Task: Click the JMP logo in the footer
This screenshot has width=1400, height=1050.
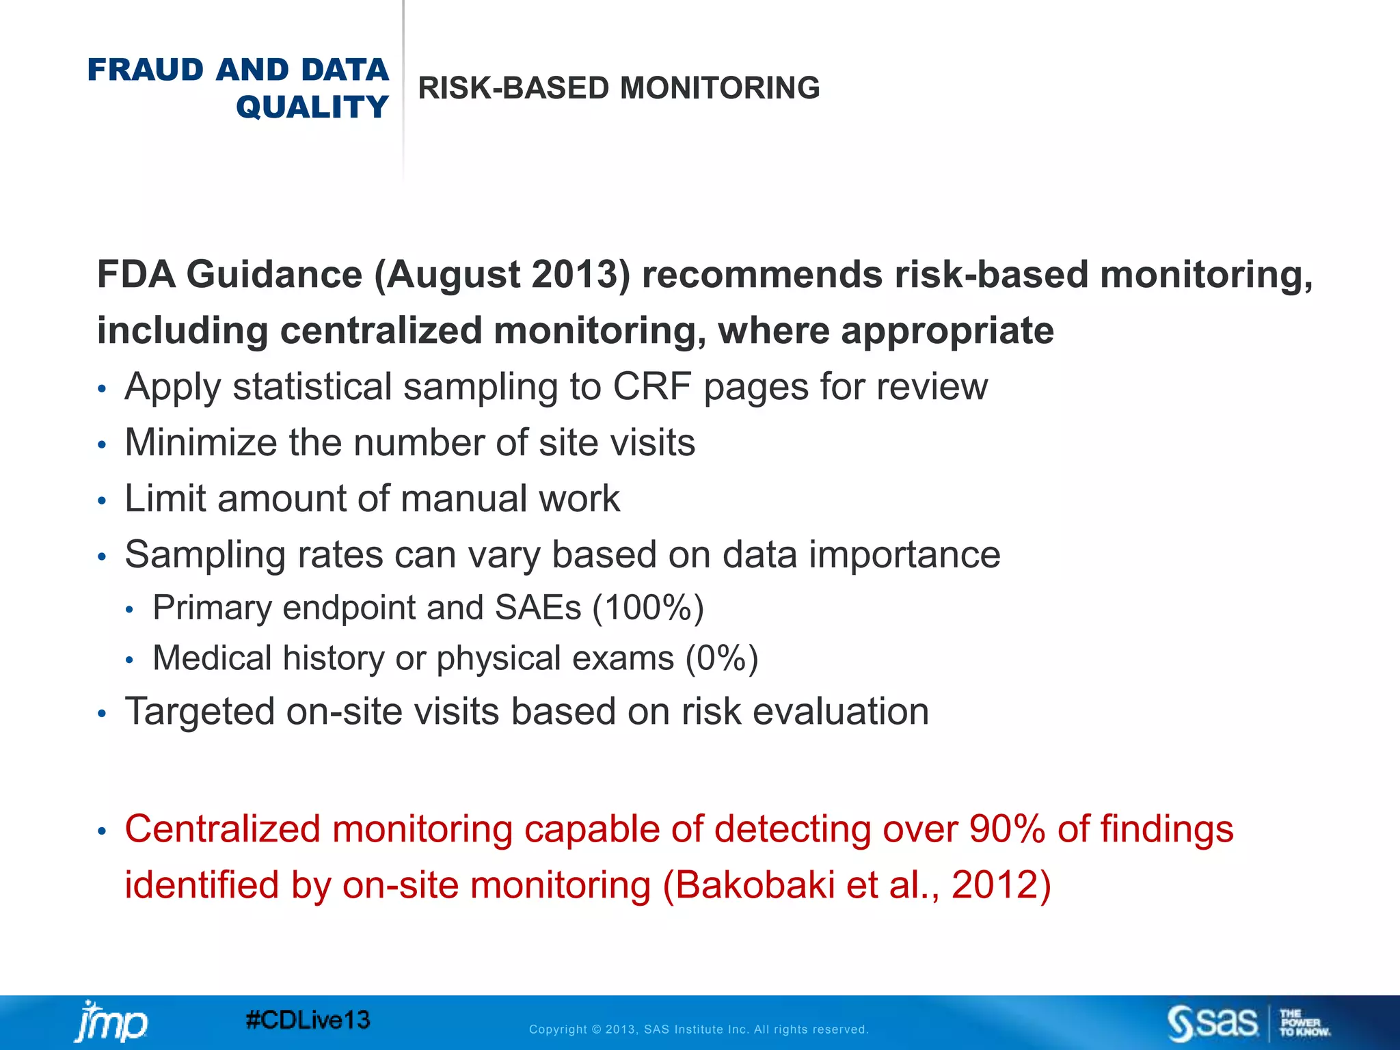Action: (x=111, y=1023)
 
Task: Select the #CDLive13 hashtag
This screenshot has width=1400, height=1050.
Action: (x=308, y=1021)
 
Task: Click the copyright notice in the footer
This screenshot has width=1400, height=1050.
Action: (x=699, y=1029)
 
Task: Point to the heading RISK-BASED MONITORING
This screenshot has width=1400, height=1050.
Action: (x=619, y=88)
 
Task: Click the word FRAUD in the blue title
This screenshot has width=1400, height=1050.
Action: (x=146, y=70)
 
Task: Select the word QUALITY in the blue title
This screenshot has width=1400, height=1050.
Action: (x=312, y=107)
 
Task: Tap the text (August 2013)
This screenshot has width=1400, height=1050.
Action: (x=502, y=275)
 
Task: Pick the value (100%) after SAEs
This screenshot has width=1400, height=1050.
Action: (x=648, y=608)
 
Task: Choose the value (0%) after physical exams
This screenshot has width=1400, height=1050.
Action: (x=722, y=658)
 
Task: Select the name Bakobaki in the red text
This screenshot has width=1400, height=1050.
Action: (x=755, y=885)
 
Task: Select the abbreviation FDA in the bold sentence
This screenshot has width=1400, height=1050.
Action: (x=136, y=275)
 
